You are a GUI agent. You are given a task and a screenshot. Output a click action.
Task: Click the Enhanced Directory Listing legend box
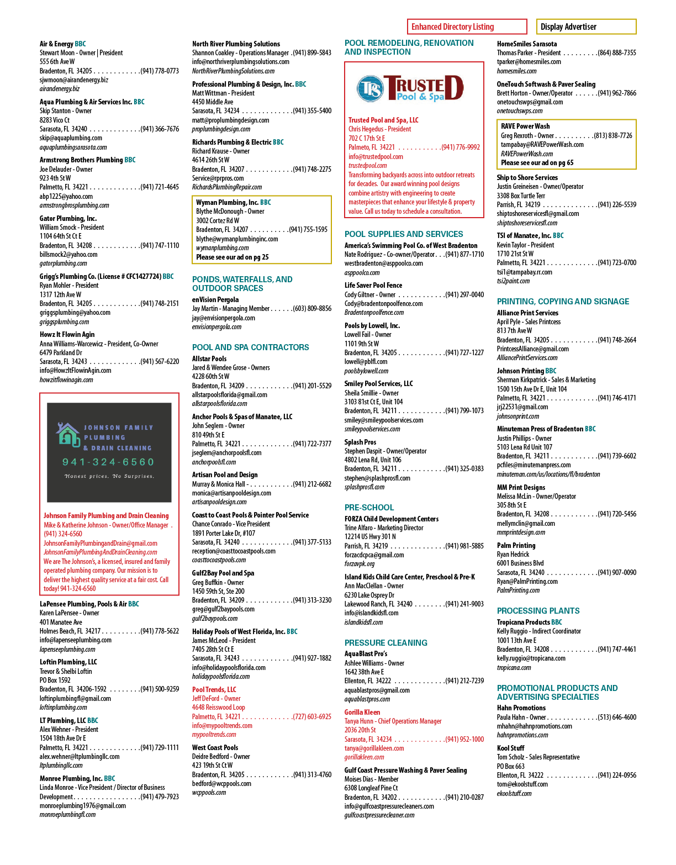467,27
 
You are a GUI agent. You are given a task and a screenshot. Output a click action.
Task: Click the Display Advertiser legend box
586,27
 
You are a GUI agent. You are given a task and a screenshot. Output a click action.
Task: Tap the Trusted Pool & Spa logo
410,88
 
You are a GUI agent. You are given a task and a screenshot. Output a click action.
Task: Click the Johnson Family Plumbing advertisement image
109,452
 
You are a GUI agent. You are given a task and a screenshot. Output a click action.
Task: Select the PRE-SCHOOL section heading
369,507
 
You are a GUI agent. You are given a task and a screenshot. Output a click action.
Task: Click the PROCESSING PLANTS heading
538,610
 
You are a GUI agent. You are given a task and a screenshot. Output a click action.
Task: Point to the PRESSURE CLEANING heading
385,642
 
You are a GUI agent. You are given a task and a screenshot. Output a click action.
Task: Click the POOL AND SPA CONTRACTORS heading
250,347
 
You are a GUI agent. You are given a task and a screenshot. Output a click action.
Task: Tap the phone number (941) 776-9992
461,147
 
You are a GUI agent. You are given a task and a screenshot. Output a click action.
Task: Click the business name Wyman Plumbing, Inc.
227,202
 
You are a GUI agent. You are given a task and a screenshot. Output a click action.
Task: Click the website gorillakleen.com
364,757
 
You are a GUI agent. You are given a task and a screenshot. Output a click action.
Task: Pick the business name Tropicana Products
524,622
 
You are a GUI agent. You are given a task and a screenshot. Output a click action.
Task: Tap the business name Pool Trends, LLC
214,689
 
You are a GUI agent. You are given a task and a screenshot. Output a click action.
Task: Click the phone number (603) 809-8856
312,309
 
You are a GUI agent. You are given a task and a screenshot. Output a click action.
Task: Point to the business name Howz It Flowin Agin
67,334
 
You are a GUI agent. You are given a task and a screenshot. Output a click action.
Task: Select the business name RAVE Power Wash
525,126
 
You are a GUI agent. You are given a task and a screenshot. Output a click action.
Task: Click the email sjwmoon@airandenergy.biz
73,80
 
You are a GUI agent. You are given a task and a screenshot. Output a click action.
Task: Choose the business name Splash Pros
360,442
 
